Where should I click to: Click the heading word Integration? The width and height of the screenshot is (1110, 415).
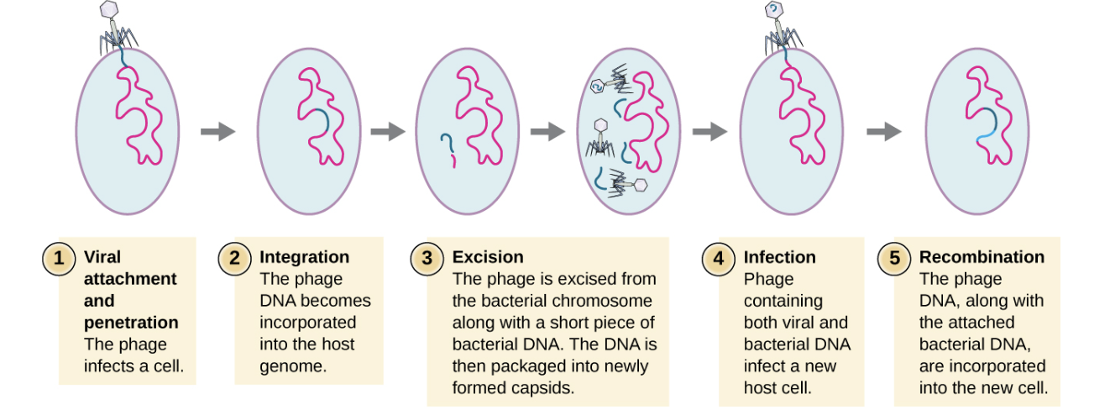[304, 257]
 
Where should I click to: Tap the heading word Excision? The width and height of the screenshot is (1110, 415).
[488, 257]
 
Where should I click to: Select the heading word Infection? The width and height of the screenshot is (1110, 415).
[779, 257]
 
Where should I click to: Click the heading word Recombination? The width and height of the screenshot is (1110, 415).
[982, 257]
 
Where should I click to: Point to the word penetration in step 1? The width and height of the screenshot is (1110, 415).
[131, 323]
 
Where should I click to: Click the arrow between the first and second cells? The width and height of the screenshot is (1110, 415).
[217, 131]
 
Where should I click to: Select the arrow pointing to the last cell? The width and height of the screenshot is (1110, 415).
[883, 131]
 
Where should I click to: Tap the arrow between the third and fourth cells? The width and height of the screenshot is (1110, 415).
[547, 131]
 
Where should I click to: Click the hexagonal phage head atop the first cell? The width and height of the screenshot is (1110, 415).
[109, 9]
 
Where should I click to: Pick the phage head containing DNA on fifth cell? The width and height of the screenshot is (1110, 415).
[772, 9]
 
